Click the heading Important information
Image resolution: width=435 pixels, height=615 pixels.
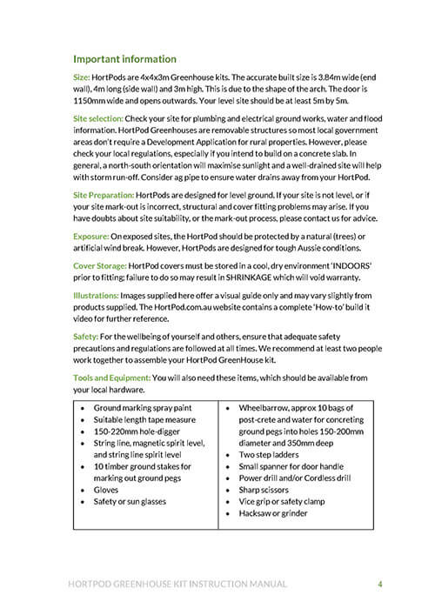coord(124,59)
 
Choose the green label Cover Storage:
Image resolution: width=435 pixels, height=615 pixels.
coord(102,267)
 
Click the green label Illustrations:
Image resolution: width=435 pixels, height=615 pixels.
coord(97,297)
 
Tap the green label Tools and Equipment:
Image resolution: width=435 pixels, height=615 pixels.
coord(111,378)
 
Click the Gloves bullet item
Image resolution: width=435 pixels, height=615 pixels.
coord(107,490)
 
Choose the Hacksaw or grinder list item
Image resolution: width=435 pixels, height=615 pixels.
coord(275,513)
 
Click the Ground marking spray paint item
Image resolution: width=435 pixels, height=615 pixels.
coord(144,406)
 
